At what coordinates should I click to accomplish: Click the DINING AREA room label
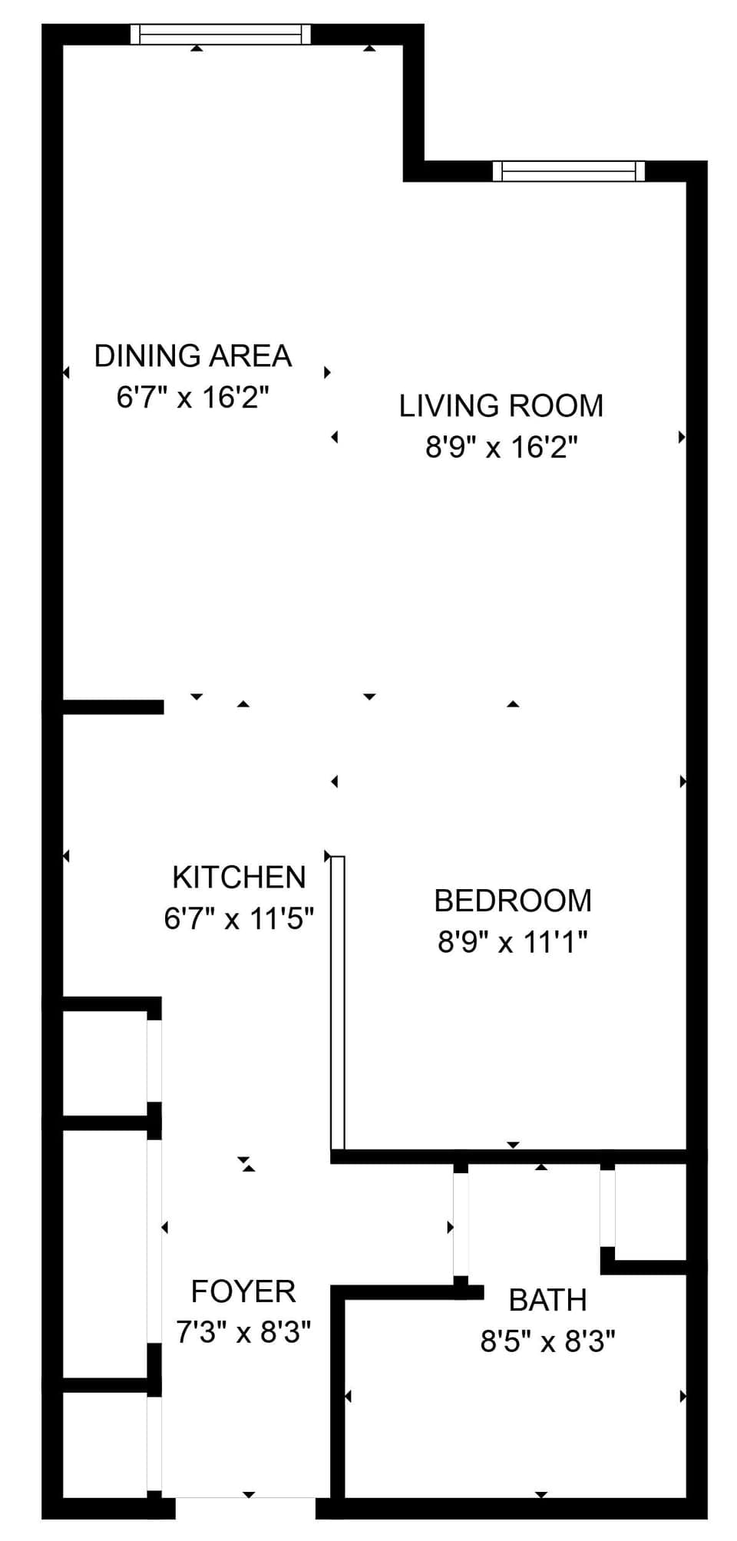193,356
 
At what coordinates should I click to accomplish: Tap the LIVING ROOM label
501,406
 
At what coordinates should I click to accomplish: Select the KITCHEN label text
239,877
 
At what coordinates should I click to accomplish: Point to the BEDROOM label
513,901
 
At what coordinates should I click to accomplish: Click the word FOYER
243,1291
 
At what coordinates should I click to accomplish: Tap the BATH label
547,1300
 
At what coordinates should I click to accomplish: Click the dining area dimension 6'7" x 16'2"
193,398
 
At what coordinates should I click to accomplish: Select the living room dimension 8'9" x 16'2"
501,447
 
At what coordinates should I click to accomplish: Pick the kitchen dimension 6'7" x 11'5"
239,918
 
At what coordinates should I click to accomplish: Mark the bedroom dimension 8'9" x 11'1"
513,941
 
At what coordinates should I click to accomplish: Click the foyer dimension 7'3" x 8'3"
243,1332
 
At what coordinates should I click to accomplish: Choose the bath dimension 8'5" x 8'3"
547,1341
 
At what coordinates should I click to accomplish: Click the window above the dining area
220,35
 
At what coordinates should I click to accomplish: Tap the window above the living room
568,170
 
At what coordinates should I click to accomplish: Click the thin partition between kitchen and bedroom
338,1002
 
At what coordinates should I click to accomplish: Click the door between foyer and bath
460,1224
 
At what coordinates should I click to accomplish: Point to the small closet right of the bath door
649,1211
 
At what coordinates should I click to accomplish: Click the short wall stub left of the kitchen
112,707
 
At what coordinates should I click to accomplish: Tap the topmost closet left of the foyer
104,1060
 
